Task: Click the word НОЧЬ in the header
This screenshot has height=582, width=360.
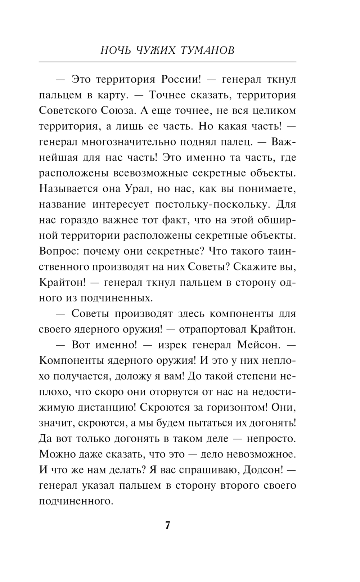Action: (x=115, y=50)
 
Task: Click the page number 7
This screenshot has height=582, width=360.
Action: (x=167, y=525)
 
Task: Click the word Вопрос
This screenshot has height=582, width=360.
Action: (x=59, y=251)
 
